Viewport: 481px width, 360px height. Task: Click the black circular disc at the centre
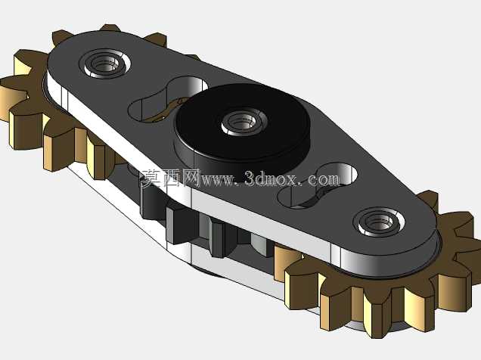click(242, 129)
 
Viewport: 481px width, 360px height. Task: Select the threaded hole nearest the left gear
click(104, 64)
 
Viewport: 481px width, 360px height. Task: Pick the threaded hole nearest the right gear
click(380, 222)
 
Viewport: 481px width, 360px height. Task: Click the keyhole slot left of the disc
click(167, 98)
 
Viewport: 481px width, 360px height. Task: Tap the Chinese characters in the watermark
click(170, 178)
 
